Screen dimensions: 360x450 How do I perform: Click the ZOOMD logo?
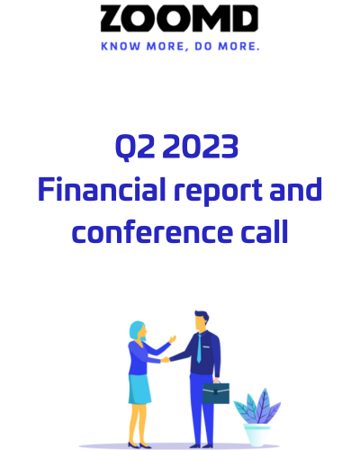[x=179, y=18]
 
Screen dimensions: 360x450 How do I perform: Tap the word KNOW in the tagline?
[x=121, y=47]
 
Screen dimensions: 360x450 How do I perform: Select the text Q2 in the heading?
[x=135, y=147]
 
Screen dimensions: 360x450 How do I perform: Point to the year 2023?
[x=201, y=146]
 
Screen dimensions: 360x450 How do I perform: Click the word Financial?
[x=102, y=189]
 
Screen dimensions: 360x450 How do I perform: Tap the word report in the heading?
[x=219, y=191]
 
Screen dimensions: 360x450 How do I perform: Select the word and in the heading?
[x=296, y=189]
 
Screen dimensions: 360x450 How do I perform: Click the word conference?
[x=152, y=231]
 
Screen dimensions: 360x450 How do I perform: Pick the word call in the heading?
[x=265, y=231]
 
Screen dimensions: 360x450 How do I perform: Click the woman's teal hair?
[x=137, y=330]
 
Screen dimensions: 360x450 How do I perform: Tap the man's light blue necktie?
[x=199, y=348]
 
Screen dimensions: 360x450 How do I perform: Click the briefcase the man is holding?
[x=216, y=392]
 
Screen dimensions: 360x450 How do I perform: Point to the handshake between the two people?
[x=166, y=359]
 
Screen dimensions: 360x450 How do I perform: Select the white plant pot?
[x=256, y=435]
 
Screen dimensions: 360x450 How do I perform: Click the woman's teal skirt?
[x=139, y=390]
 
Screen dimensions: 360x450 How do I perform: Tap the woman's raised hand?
[x=173, y=339]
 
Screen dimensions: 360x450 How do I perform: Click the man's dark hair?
[x=202, y=316]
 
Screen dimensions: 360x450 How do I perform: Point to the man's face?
[x=201, y=323]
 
